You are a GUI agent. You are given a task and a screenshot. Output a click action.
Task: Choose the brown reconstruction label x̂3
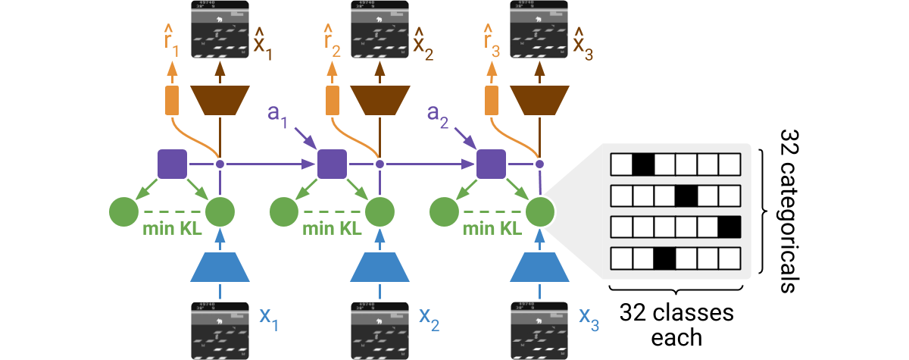pyautogui.click(x=583, y=43)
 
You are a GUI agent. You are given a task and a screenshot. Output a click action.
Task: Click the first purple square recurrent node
pyautogui.click(x=172, y=164)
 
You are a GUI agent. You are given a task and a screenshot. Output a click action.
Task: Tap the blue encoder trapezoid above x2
pyautogui.click(x=380, y=266)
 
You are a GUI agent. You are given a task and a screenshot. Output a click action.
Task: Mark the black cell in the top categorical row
pyautogui.click(x=643, y=164)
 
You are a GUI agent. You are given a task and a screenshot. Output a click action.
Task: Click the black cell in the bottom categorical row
pyautogui.click(x=664, y=259)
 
